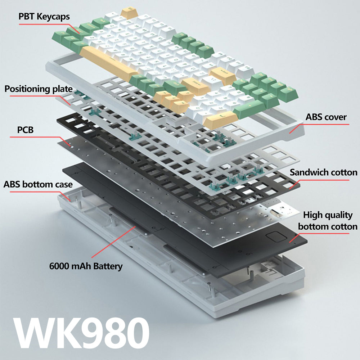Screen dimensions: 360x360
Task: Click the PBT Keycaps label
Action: point(44,17)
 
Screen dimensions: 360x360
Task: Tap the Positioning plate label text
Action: point(39,89)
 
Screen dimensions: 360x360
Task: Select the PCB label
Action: point(25,130)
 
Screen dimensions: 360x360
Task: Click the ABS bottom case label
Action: point(38,185)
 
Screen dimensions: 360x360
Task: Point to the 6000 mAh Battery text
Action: point(86,266)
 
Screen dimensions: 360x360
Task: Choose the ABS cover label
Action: point(326,117)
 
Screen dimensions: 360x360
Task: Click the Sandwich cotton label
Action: point(323,172)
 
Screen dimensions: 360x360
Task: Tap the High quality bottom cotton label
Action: point(328,221)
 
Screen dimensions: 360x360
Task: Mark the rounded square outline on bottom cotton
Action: point(275,238)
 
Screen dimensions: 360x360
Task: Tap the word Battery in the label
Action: point(108,266)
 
